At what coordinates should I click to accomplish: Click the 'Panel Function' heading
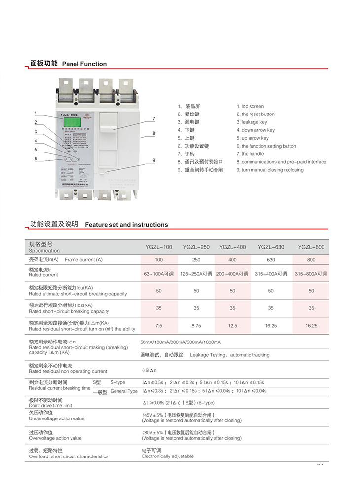tap(84, 64)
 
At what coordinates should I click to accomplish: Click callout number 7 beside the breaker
tap(154, 118)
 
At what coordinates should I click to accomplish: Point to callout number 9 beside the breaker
tap(154, 160)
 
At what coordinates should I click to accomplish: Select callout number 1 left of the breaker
tap(36, 113)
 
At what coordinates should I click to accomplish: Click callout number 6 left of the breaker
tap(36, 158)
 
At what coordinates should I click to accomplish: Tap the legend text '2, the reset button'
tap(255, 114)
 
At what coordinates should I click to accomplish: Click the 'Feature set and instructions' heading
tap(126, 225)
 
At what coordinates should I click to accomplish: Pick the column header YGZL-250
tap(196, 247)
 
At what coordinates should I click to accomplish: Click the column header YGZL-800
tap(311, 247)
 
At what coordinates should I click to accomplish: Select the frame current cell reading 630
tap(271, 260)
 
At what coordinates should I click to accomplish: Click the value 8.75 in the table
tap(196, 326)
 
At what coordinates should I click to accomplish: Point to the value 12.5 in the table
tap(233, 326)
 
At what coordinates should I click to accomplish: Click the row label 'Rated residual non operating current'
tap(68, 372)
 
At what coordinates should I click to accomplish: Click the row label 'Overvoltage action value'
tap(55, 438)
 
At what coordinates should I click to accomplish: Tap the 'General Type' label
tap(124, 391)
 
